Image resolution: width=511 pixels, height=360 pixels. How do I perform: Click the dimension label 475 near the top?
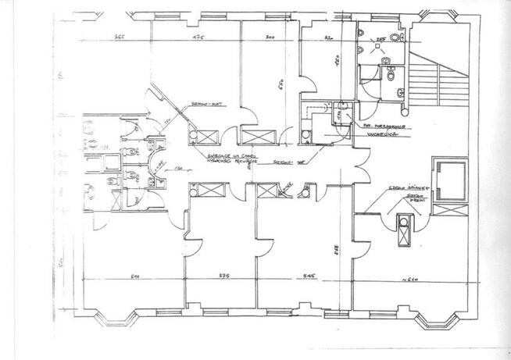(x=198, y=37)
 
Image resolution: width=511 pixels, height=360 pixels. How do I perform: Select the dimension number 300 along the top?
(x=269, y=37)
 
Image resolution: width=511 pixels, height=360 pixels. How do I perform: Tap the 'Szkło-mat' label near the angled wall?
(x=204, y=105)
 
